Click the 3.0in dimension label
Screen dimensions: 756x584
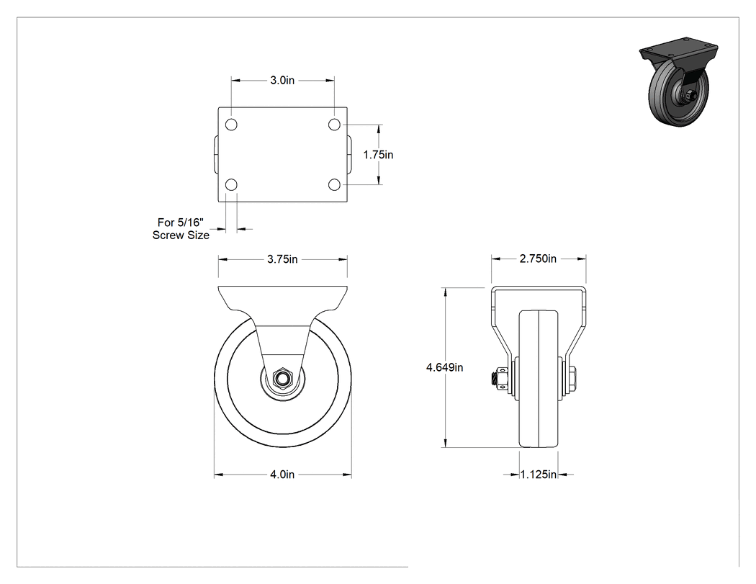pyautogui.click(x=282, y=80)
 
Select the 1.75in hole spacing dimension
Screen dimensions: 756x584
pyautogui.click(x=378, y=155)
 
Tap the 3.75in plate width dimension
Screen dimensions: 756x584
pyautogui.click(x=282, y=259)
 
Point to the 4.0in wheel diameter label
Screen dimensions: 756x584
pyautogui.click(x=282, y=475)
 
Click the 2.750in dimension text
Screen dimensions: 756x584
pyautogui.click(x=538, y=259)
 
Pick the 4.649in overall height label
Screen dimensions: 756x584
pyautogui.click(x=444, y=367)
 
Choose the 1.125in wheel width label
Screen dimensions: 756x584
pyautogui.click(x=539, y=475)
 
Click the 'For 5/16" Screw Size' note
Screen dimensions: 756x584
pyautogui.click(x=181, y=228)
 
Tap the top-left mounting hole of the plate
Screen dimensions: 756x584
pyautogui.click(x=231, y=125)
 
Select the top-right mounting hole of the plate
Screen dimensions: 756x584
pyautogui.click(x=334, y=125)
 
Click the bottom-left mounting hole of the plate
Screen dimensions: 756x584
pyautogui.click(x=231, y=184)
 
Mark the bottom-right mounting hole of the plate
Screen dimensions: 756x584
pyautogui.click(x=334, y=184)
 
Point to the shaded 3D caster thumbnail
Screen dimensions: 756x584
pyautogui.click(x=680, y=81)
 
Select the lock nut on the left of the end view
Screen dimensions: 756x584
pyautogui.click(x=500, y=378)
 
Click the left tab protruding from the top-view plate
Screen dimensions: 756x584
pyautogui.click(x=216, y=155)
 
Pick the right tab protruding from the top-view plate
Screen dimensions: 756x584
pyautogui.click(x=349, y=155)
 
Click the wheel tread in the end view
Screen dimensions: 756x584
pyautogui.click(x=539, y=379)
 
